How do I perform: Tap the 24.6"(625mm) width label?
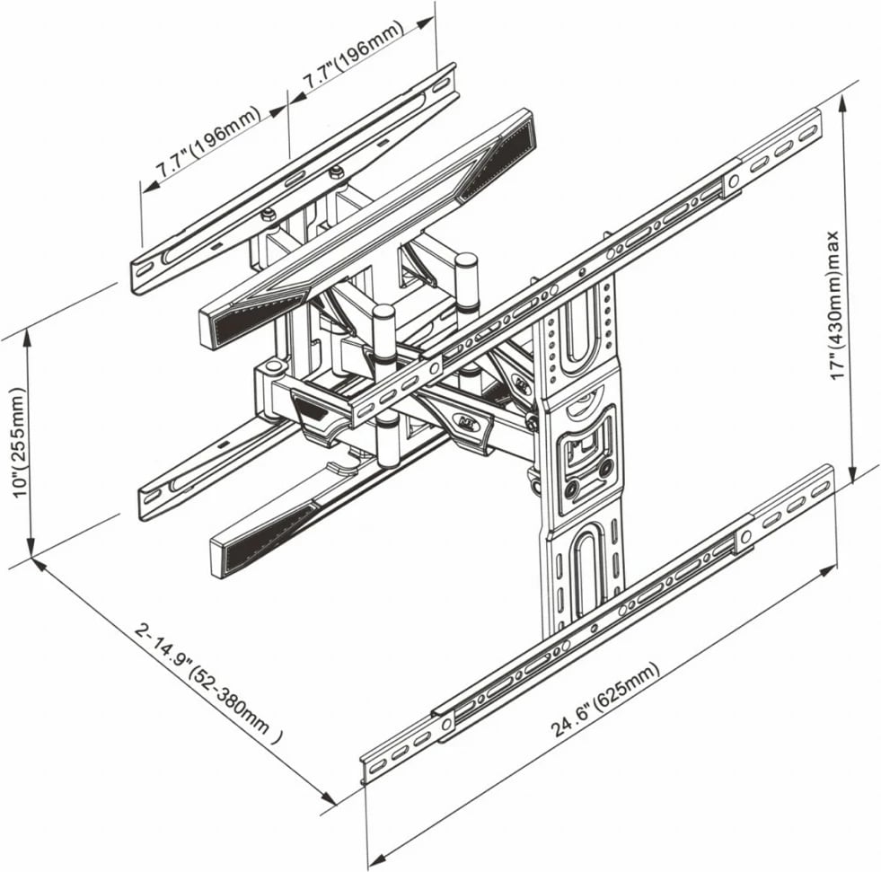coord(605,700)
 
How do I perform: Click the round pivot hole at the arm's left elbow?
coord(272,368)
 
